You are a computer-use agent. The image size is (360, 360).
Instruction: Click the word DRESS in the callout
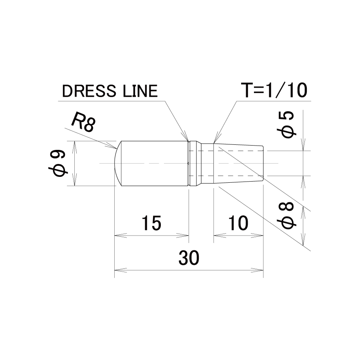89,91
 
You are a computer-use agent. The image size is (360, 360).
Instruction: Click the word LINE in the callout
140,91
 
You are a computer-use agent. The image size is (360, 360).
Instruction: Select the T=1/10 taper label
275,90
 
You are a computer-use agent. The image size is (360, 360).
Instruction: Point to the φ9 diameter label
58,164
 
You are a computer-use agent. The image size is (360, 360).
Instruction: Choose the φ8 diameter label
287,216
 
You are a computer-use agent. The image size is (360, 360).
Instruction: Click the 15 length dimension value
151,223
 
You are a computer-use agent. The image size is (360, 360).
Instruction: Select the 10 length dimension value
238,223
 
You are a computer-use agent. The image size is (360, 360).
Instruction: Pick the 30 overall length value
189,257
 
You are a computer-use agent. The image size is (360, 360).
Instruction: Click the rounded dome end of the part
117,164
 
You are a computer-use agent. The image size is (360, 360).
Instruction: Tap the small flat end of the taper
263,164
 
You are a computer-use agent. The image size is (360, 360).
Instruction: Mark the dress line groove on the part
189,164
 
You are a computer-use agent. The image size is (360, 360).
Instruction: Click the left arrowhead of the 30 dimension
121,270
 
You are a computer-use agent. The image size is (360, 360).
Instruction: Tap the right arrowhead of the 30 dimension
257,270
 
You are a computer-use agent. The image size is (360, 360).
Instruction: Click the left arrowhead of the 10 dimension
220,236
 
